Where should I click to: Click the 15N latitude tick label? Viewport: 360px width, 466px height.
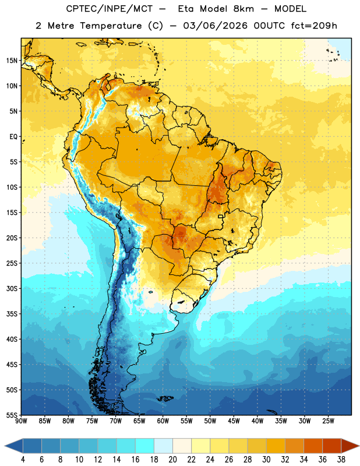[12, 61]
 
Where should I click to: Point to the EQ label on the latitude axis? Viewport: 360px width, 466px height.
[13, 137]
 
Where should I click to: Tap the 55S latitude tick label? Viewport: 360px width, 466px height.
[12, 415]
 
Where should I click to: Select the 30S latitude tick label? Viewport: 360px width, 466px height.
[12, 288]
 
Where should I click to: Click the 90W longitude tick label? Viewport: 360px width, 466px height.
[21, 421]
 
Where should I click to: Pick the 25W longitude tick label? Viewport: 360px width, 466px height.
[328, 421]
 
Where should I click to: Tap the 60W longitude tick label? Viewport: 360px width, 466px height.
[163, 421]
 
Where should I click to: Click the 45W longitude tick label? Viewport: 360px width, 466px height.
[234, 421]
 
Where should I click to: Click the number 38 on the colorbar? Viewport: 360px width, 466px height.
[341, 460]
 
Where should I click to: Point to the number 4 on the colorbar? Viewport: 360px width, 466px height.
[23, 460]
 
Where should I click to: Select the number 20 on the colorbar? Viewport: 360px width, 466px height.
[172, 460]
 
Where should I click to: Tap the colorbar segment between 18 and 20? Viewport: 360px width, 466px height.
[164, 446]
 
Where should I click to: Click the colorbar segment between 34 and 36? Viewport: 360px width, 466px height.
[313, 446]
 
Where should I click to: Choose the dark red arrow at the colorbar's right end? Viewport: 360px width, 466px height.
[350, 446]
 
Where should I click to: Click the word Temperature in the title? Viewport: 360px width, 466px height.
[111, 26]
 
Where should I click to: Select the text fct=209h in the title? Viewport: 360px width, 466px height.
[314, 26]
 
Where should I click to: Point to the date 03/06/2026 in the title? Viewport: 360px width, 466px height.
[215, 26]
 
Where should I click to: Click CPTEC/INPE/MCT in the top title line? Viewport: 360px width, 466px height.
[109, 9]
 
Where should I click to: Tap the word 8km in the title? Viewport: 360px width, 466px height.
[243, 9]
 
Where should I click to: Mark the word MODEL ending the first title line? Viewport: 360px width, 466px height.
[290, 9]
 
